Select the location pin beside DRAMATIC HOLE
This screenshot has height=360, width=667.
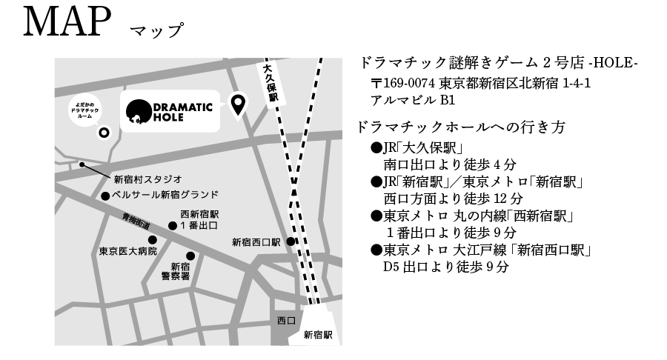click(x=239, y=105)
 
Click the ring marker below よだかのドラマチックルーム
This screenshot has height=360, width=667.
click(x=104, y=133)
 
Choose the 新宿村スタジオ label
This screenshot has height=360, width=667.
click(x=147, y=179)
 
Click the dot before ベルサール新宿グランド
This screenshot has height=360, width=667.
click(x=104, y=196)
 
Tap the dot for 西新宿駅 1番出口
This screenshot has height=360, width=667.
click(x=173, y=225)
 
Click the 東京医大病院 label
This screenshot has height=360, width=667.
click(x=128, y=251)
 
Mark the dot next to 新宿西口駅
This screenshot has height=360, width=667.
click(x=291, y=241)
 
